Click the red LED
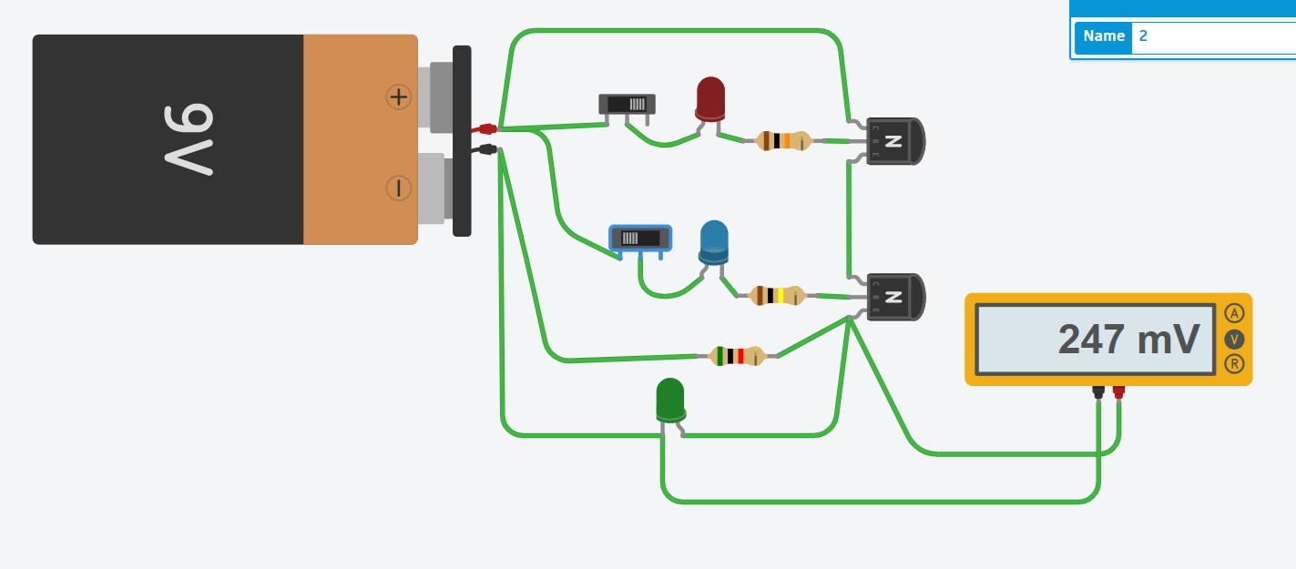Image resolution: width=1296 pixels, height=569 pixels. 710,97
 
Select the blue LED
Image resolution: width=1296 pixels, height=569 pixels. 714,241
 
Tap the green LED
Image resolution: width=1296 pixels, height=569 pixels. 669,400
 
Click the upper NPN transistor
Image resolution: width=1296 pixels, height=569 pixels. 893,141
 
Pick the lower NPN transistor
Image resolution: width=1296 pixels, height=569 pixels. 893,297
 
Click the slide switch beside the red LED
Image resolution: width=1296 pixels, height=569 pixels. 627,104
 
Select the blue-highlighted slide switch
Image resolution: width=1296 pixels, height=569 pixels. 640,239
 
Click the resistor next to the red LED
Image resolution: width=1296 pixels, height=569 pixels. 783,141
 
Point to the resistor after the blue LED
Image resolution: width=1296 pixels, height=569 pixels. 776,295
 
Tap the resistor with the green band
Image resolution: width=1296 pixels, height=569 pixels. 736,356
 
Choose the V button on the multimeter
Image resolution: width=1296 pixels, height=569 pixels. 1234,340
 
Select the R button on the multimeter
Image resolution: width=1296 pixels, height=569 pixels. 1234,364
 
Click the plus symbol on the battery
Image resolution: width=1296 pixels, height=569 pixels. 398,97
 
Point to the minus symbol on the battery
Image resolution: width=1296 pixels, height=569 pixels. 398,188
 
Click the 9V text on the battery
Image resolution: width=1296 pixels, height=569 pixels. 189,138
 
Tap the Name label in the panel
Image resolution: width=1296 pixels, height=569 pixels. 1104,36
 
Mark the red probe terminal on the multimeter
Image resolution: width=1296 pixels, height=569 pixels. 1118,391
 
